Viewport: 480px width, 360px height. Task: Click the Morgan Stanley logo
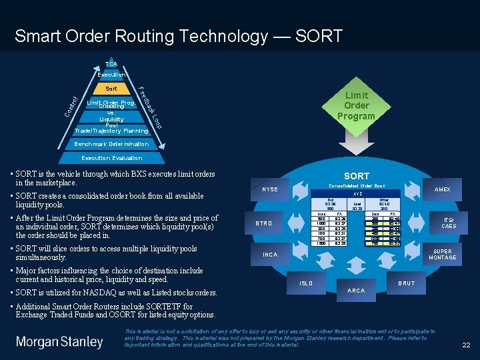pyautogui.click(x=59, y=342)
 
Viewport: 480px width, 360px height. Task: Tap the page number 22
pyautogui.click(x=466, y=345)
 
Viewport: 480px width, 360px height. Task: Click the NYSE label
pyautogui.click(x=270, y=189)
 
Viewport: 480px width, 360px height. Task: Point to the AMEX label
pyautogui.click(x=442, y=189)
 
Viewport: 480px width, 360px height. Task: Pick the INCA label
pyautogui.click(x=270, y=255)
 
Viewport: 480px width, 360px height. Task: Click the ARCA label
pyautogui.click(x=357, y=290)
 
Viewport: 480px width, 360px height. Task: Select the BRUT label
pyautogui.click(x=406, y=283)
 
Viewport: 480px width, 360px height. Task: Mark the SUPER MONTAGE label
pyautogui.click(x=442, y=254)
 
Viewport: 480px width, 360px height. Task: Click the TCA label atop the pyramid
pyautogui.click(x=111, y=64)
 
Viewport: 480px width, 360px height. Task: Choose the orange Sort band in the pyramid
pyautogui.click(x=111, y=88)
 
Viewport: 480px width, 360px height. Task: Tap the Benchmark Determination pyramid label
pyautogui.click(x=111, y=144)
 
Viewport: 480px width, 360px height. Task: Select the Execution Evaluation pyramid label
pyautogui.click(x=111, y=158)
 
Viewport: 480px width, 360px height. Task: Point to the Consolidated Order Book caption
pyautogui.click(x=357, y=185)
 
